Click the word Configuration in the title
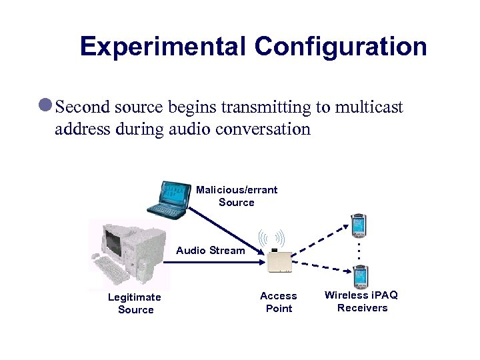341,47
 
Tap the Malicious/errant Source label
237,196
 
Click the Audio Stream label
211,251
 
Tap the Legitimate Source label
135,303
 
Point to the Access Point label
279,302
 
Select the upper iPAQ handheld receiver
359,225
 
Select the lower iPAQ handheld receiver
361,276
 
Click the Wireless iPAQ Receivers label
361,301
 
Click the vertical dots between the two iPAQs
359,251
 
